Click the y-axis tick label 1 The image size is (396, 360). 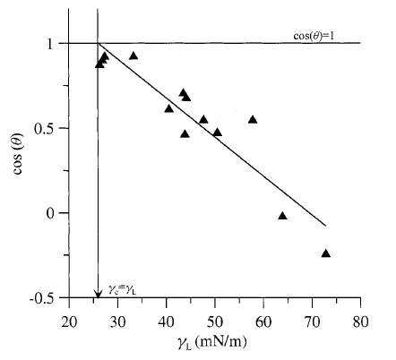[x=51, y=43]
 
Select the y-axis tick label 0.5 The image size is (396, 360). [x=46, y=128]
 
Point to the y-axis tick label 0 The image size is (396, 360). [x=51, y=213]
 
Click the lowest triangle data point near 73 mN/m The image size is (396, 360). [x=325, y=253]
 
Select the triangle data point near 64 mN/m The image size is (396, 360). [x=282, y=216]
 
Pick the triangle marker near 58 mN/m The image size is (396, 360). [x=253, y=119]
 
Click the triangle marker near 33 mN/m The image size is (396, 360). [x=133, y=56]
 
